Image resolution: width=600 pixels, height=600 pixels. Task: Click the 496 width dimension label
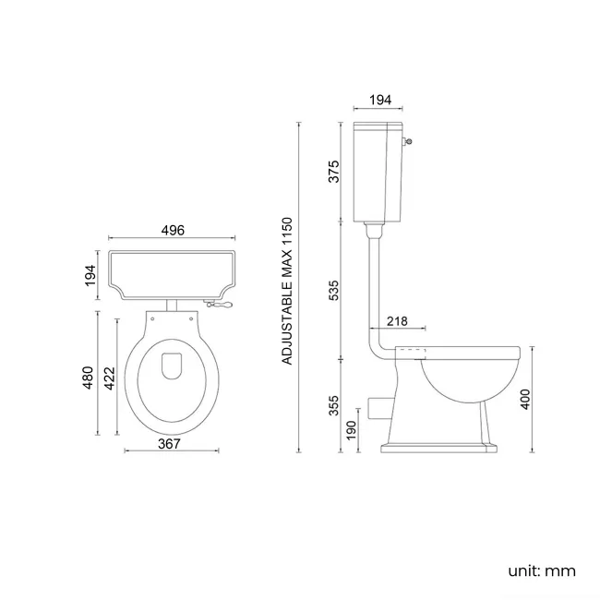click(172, 231)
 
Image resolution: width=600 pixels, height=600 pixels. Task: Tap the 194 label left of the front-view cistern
click(90, 274)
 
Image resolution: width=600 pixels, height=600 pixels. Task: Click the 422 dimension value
click(110, 378)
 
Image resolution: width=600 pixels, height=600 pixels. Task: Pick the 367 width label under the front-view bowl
click(168, 443)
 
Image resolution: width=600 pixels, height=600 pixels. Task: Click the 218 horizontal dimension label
click(398, 320)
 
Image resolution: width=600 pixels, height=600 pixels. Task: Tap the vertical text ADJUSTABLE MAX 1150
click(287, 291)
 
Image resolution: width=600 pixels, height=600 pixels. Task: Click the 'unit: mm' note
click(541, 570)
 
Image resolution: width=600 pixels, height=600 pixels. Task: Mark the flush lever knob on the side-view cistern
click(409, 141)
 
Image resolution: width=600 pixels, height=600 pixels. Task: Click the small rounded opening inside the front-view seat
click(172, 366)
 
